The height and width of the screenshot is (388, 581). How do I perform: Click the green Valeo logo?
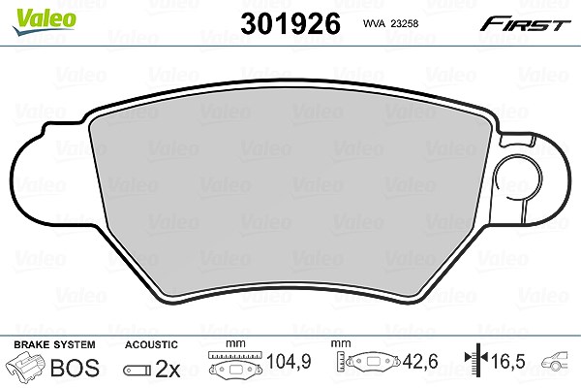click(x=44, y=20)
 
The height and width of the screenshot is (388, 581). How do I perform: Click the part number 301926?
click(x=290, y=23)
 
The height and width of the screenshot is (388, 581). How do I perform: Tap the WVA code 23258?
click(x=405, y=23)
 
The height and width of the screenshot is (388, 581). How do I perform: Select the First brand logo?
click(x=525, y=24)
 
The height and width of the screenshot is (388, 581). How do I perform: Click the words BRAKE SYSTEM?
click(x=54, y=344)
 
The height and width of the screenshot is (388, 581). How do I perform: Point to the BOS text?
click(x=75, y=368)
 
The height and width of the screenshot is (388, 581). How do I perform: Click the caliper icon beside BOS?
click(x=26, y=366)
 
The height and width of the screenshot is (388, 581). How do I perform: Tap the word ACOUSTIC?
click(x=151, y=344)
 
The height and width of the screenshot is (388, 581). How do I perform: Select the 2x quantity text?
click(x=168, y=369)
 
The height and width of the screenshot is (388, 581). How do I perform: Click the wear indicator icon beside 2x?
click(x=138, y=371)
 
